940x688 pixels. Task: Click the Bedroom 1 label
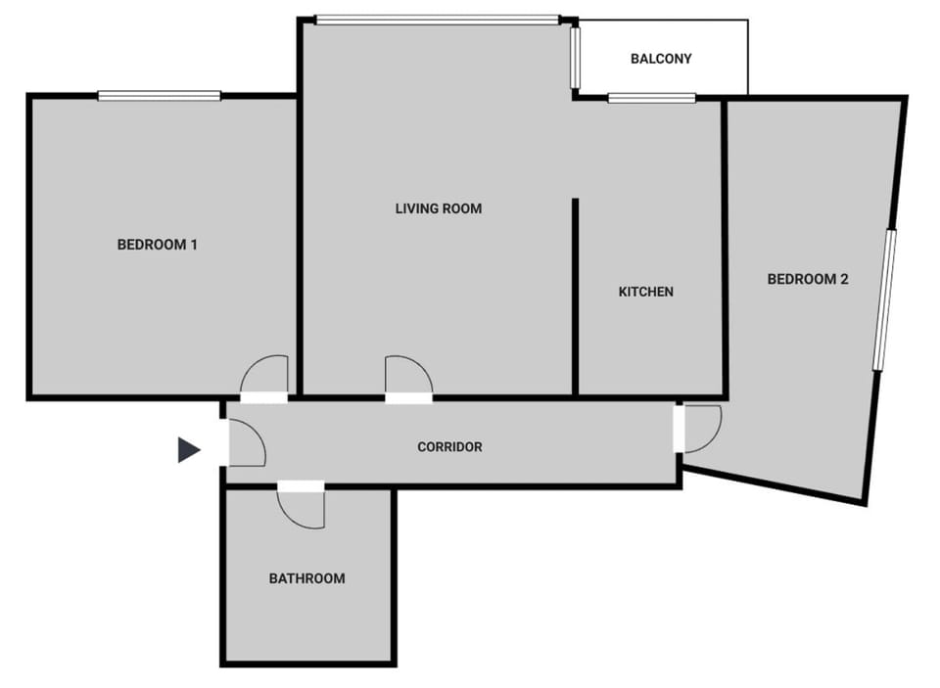(157, 245)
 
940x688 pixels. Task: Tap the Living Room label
(438, 208)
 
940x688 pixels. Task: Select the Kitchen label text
(645, 292)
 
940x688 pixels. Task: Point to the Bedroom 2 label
(807, 279)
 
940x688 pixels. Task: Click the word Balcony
(660, 59)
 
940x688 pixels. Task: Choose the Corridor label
(449, 447)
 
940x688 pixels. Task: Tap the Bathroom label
(306, 578)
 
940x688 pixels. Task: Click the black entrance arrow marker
(189, 450)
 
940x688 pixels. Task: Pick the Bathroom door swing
(302, 507)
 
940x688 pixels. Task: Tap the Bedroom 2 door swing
(701, 428)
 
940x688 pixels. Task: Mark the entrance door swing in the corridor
(246, 444)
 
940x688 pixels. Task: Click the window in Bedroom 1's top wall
(160, 95)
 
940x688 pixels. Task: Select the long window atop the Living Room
(437, 19)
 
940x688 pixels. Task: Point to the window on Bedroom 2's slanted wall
(884, 298)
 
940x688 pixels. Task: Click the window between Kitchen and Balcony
(651, 98)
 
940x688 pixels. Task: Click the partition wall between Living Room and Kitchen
(575, 294)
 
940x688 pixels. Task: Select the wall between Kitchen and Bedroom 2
(725, 245)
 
